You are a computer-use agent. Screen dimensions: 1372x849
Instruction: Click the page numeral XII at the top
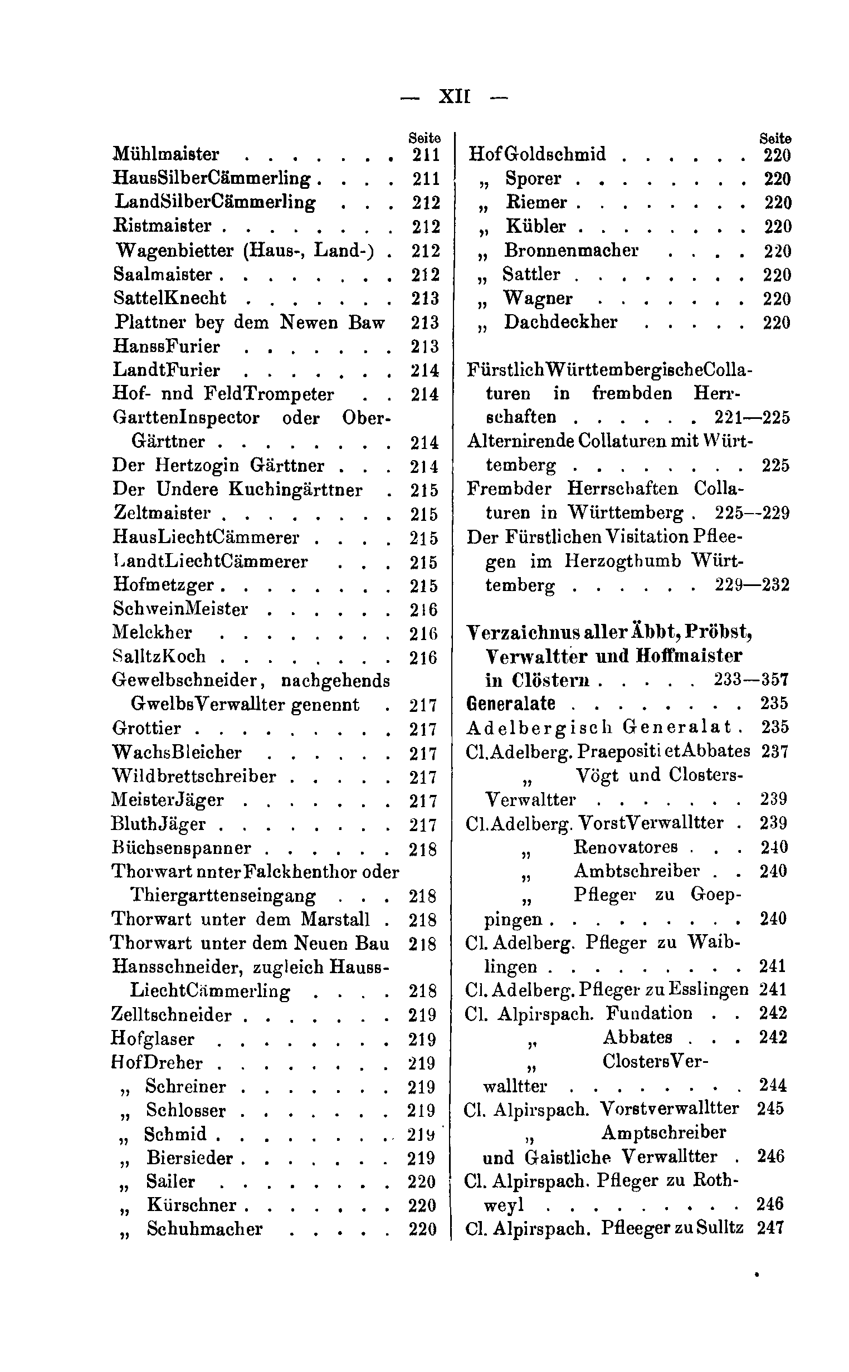(453, 97)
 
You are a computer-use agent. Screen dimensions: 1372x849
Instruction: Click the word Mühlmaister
(166, 154)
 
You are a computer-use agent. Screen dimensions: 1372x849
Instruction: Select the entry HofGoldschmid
(538, 154)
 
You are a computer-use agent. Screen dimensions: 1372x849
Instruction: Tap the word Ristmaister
(163, 226)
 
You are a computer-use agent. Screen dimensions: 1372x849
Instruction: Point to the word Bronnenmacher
(571, 250)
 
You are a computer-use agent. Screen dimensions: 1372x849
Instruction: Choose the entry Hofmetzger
(163, 585)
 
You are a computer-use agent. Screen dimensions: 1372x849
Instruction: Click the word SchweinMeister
(180, 609)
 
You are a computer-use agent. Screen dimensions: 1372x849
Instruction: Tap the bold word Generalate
(511, 704)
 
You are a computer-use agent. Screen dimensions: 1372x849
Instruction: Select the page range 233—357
(752, 680)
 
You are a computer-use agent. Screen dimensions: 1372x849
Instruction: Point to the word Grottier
(147, 728)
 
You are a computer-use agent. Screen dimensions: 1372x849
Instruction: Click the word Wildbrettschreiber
(194, 776)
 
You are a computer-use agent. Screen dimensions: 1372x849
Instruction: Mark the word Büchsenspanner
(182, 848)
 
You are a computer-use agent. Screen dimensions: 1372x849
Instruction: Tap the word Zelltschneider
(171, 1015)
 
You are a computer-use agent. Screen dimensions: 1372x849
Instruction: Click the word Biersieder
(190, 1158)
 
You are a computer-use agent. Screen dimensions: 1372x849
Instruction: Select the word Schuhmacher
(204, 1229)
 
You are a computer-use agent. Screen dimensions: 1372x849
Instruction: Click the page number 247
(770, 1228)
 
